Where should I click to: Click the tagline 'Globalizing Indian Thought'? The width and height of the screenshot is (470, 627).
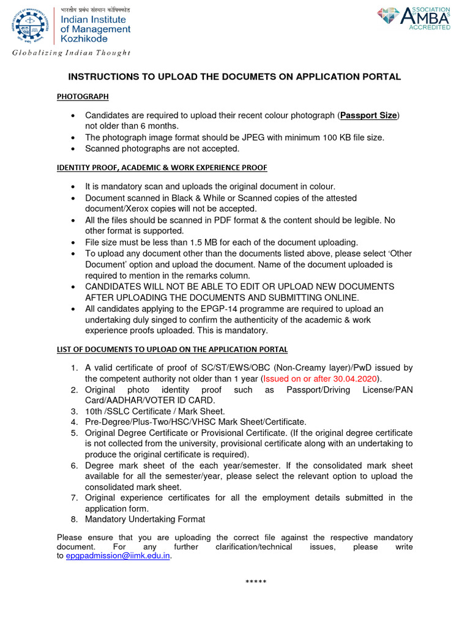pos(72,53)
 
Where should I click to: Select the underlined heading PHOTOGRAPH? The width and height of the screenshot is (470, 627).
pos(83,96)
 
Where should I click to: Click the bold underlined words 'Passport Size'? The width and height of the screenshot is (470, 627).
pos(369,115)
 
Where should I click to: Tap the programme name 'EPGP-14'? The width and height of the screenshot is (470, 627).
pos(211,309)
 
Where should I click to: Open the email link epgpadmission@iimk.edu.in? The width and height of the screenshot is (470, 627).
pos(117,556)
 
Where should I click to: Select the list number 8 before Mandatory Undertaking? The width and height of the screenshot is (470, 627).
pos(73,519)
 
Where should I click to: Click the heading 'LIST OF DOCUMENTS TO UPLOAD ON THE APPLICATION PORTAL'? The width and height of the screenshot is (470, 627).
pos(172,349)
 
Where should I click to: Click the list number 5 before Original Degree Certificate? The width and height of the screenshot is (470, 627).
pos(73,433)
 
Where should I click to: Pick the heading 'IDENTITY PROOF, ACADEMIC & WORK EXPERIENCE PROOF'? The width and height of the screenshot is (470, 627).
pos(162,167)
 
